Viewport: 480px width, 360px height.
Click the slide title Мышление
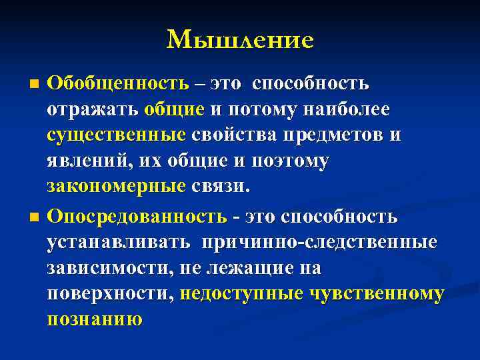click(x=240, y=40)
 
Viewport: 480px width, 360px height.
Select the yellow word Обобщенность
click(x=118, y=84)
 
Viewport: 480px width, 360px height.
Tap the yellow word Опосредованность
click(x=137, y=217)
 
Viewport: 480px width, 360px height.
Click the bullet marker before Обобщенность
click(x=35, y=85)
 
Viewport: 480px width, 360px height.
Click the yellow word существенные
click(x=116, y=135)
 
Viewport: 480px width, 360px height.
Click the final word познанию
click(x=94, y=319)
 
